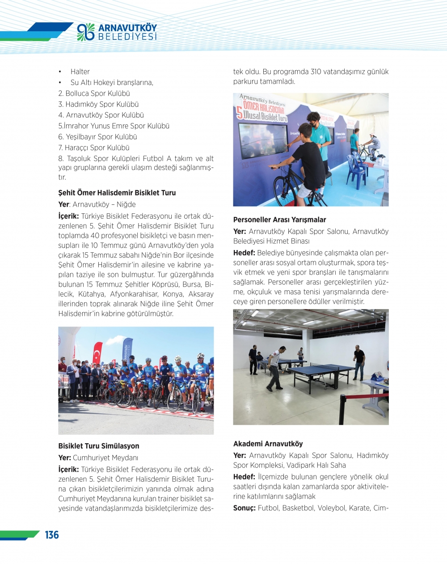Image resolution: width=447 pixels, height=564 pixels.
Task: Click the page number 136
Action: pyautogui.click(x=52, y=535)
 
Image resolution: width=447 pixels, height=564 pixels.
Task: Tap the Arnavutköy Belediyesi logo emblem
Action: pyautogui.click(x=85, y=32)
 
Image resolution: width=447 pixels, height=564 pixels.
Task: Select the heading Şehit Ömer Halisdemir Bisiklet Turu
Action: pyautogui.click(x=117, y=193)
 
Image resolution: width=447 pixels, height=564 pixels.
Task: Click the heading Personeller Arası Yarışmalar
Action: pyautogui.click(x=279, y=220)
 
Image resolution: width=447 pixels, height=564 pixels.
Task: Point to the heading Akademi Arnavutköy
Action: pyautogui.click(x=268, y=444)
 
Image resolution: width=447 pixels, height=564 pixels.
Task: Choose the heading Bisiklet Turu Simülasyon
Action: pyautogui.click(x=98, y=446)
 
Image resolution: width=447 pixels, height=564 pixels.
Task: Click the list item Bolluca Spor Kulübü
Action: pyautogui.click(x=94, y=93)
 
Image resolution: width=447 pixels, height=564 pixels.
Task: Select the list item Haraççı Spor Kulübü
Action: pyautogui.click(x=93, y=148)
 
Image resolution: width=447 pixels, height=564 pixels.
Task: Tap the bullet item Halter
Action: pyautogui.click(x=80, y=72)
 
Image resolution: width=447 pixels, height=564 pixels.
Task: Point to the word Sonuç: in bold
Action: pyautogui.click(x=244, y=508)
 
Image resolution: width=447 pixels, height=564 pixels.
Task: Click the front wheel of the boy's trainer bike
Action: pyautogui.click(x=285, y=190)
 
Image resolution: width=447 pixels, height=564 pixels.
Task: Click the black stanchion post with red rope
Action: pyautogui.click(x=342, y=410)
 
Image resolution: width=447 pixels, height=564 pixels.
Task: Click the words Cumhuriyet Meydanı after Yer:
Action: pyautogui.click(x=105, y=458)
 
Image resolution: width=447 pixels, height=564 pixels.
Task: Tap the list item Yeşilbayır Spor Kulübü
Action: pyautogui.click(x=97, y=137)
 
